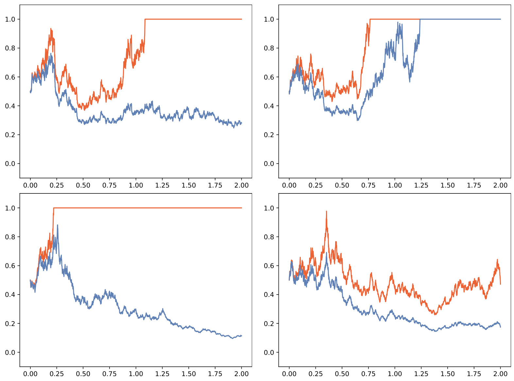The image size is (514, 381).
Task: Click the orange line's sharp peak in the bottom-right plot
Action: pyautogui.click(x=326, y=211)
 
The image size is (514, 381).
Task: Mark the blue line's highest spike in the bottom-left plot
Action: pyautogui.click(x=58, y=225)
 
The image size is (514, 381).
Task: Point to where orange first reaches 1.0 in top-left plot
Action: pyautogui.click(x=145, y=19)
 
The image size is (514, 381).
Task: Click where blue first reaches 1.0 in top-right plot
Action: pyautogui.click(x=420, y=19)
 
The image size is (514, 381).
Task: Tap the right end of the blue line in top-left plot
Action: pyautogui.click(x=242, y=123)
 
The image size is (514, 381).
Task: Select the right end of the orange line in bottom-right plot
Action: pyautogui.click(x=500, y=284)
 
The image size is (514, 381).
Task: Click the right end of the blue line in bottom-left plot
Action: pyautogui.click(x=242, y=336)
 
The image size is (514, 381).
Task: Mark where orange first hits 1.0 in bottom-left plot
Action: pyautogui.click(x=54, y=208)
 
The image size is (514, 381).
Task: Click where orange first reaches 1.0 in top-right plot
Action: pyautogui.click(x=370, y=19)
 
